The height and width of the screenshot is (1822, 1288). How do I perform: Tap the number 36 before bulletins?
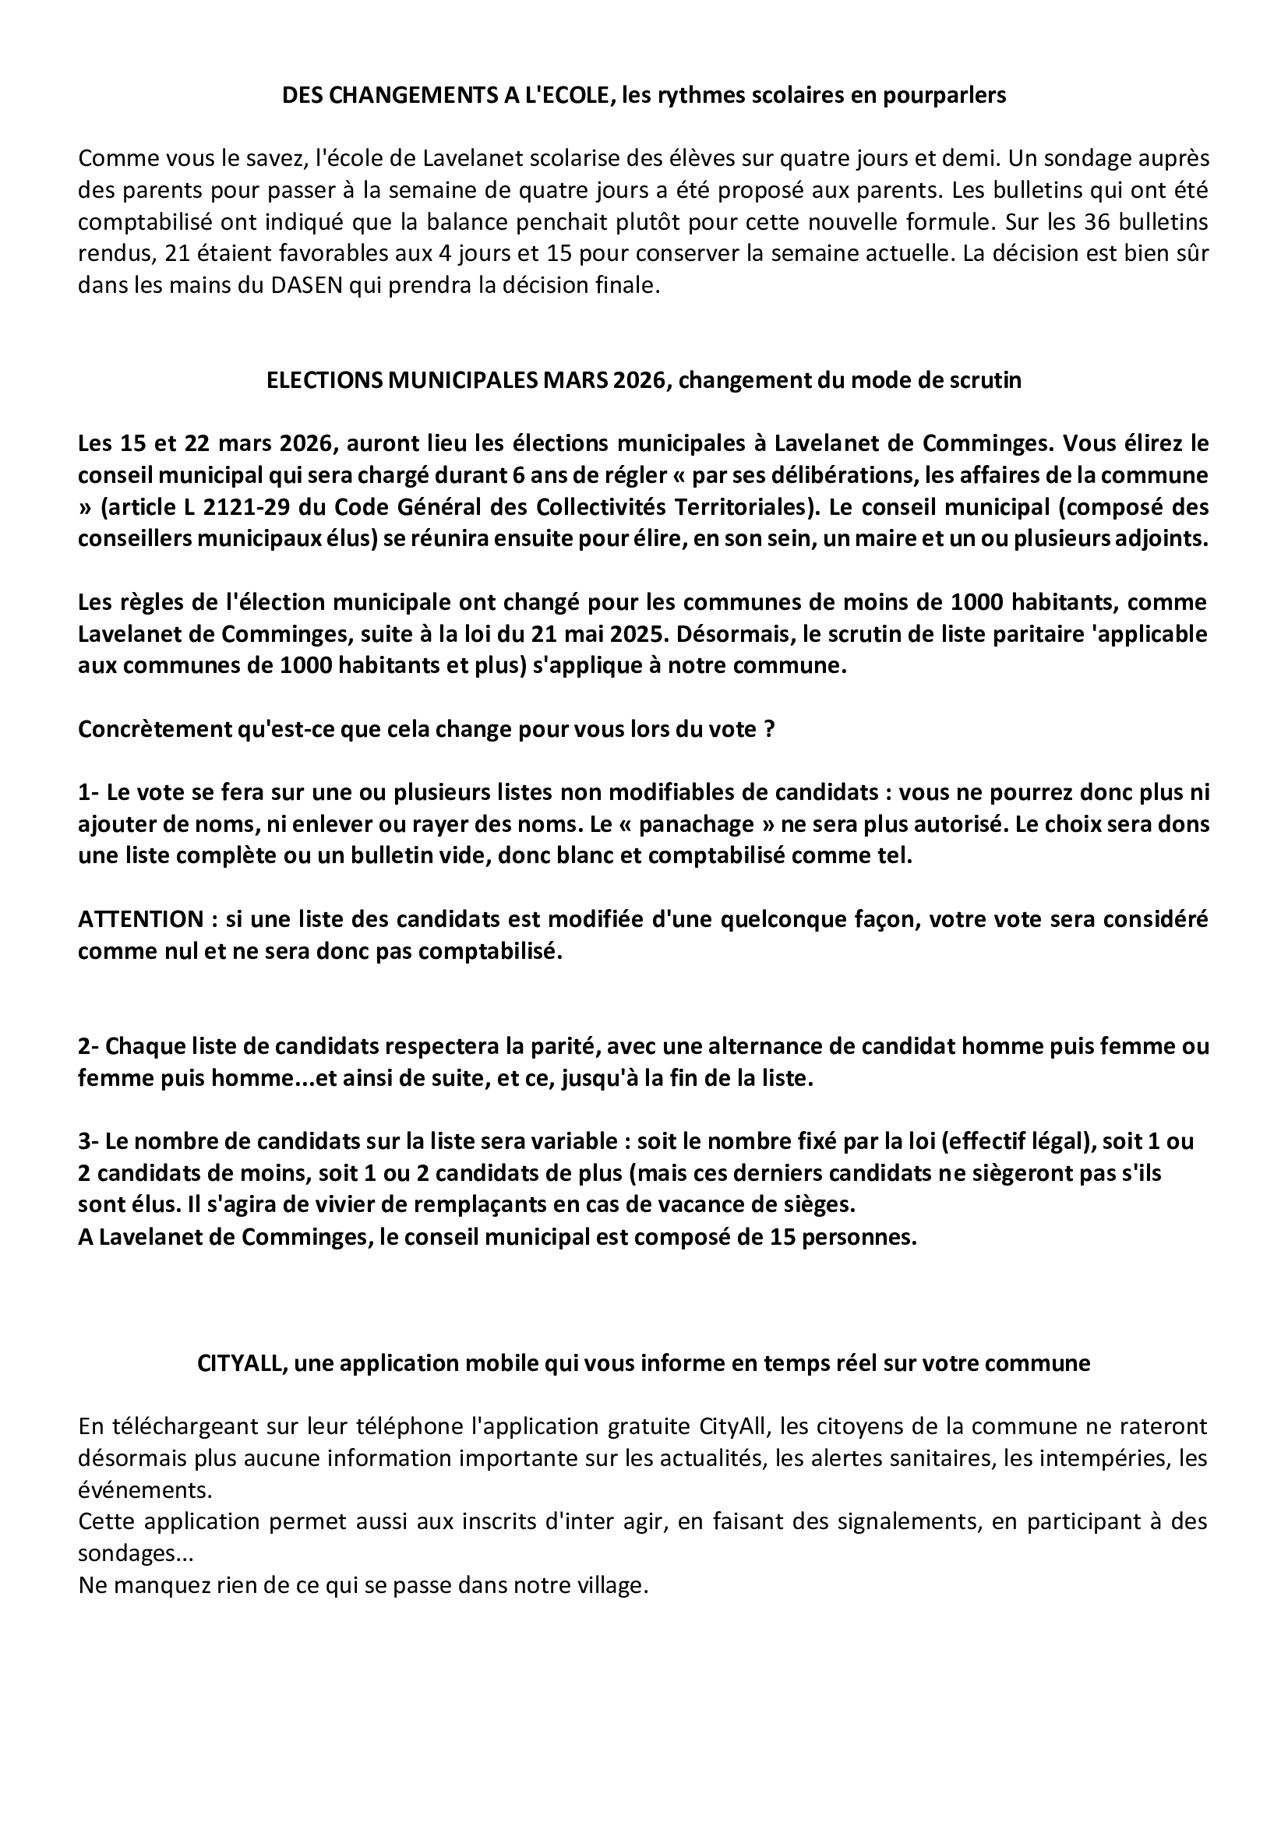(1096, 221)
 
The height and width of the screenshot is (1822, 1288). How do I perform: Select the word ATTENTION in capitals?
(140, 919)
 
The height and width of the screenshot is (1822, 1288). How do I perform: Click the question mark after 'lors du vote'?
(768, 728)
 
